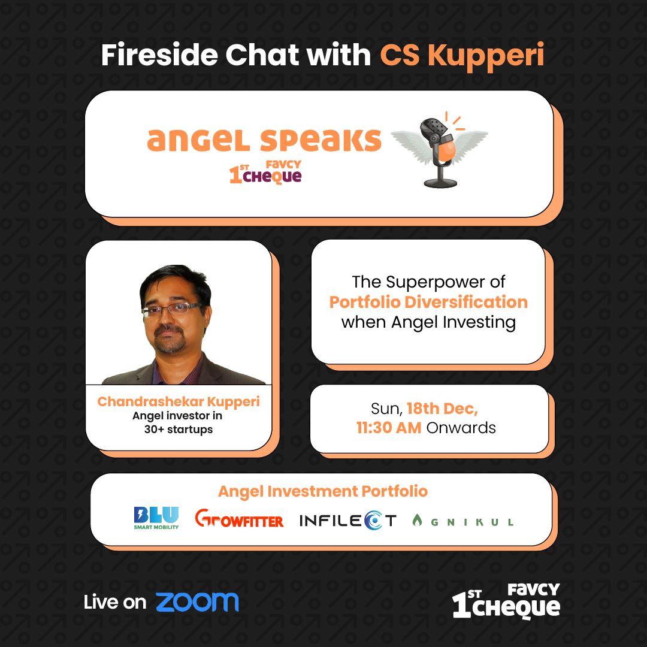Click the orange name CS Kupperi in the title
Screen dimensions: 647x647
(x=462, y=55)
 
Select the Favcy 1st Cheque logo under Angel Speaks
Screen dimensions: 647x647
(x=265, y=172)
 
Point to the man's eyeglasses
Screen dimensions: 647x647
(x=172, y=310)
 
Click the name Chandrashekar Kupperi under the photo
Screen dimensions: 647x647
(x=179, y=401)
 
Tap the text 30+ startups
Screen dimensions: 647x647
(x=179, y=430)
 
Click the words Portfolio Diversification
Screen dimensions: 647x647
(x=428, y=302)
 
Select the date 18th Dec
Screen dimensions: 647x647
(x=442, y=409)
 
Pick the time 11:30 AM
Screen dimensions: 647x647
(x=389, y=428)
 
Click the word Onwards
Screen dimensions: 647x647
(x=461, y=428)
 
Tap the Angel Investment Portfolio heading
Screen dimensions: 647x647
(x=323, y=491)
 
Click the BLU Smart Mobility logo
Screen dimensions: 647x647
(x=156, y=518)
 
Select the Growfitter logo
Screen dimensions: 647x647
(x=239, y=518)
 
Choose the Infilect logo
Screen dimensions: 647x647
(x=348, y=521)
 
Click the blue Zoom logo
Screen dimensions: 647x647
(x=197, y=603)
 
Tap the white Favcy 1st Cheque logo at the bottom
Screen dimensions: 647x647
(x=506, y=601)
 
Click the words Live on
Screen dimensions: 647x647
(x=114, y=603)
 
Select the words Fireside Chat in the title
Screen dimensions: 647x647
(x=200, y=55)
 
